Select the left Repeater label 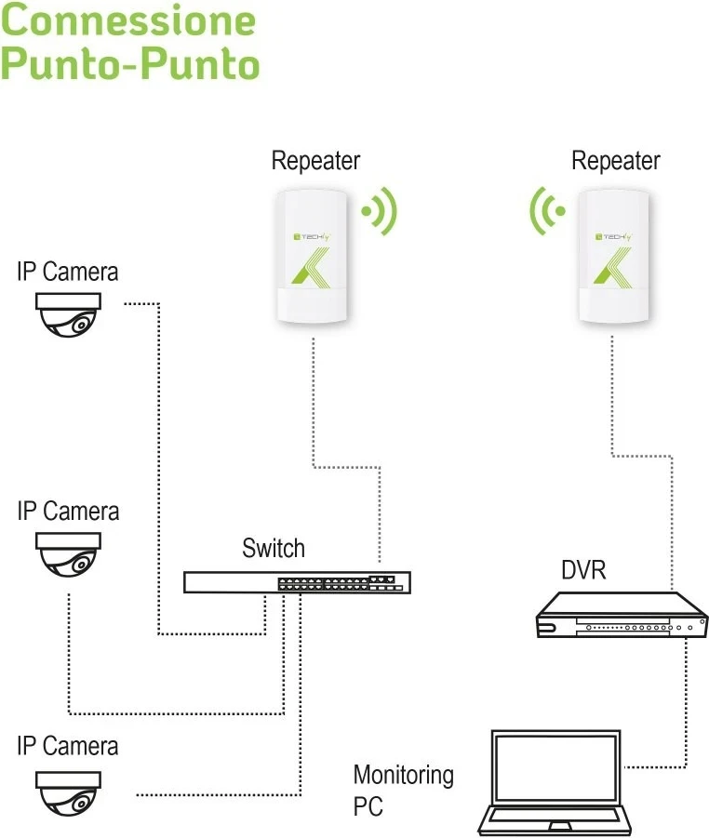click(315, 161)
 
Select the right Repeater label click(615, 161)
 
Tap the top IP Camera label click(68, 272)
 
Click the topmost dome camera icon click(67, 314)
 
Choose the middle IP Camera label click(68, 512)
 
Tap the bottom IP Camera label click(68, 747)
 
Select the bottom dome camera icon click(67, 791)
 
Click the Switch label click(274, 548)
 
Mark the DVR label click(583, 570)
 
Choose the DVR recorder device click(621, 617)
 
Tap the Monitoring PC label click(403, 790)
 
